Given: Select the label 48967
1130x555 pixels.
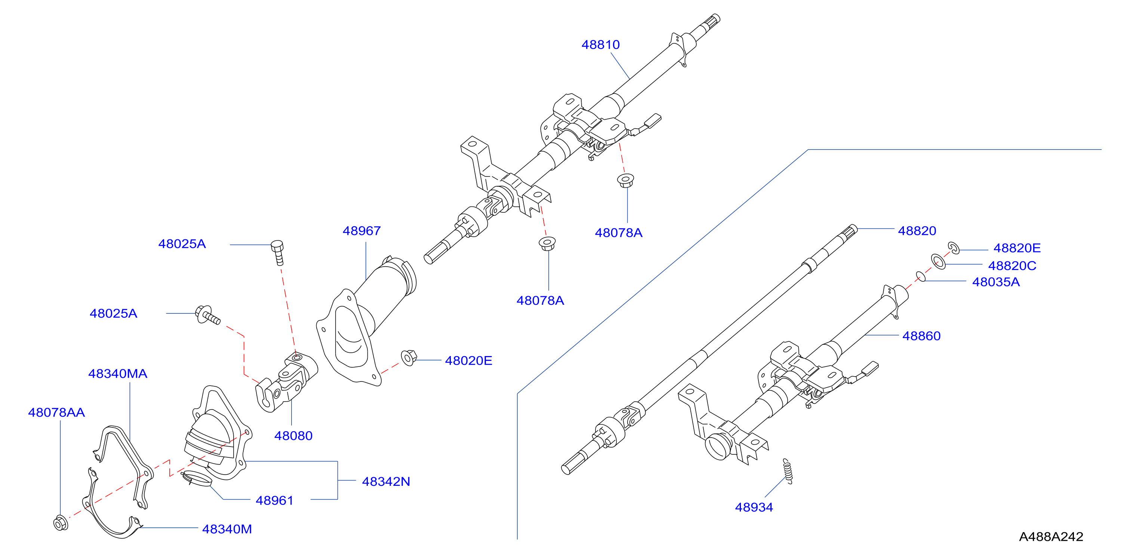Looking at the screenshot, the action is click(x=361, y=231).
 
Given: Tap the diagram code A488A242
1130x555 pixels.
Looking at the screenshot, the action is click(x=1051, y=537).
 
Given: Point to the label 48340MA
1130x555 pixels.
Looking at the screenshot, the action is click(x=118, y=374).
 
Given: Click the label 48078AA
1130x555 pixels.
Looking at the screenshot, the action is click(x=56, y=413).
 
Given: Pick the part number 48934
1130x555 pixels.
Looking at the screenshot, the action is click(x=754, y=507).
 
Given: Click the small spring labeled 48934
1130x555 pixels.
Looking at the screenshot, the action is click(x=788, y=471).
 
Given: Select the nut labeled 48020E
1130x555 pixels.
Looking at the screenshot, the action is click(x=409, y=358).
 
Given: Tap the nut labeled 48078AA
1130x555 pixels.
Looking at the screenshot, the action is click(x=61, y=523).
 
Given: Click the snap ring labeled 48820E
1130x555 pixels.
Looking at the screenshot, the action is click(x=954, y=248).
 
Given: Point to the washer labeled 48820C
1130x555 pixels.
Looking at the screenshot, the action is click(x=938, y=261).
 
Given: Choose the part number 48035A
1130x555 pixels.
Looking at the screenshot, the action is click(x=996, y=282).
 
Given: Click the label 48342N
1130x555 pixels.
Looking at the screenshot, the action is click(x=386, y=482).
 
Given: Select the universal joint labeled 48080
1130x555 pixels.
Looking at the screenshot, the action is click(x=286, y=382).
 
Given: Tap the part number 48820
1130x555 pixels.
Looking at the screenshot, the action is click(x=917, y=231).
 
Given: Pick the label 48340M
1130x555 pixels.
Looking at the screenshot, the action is click(x=227, y=529).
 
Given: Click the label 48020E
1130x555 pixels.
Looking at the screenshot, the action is click(x=468, y=361).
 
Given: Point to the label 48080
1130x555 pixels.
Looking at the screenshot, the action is click(x=293, y=436).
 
